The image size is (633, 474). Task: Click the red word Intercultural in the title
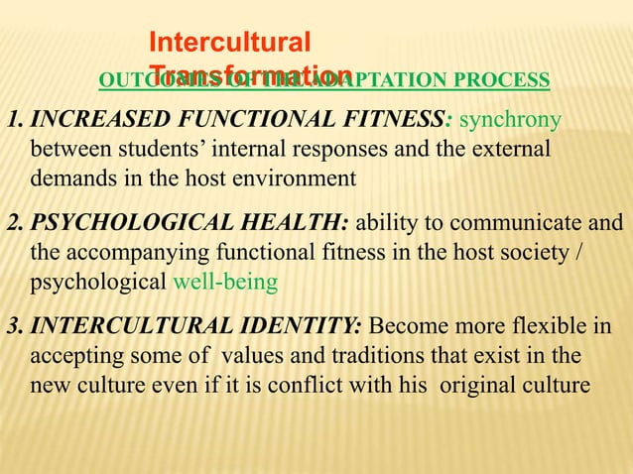[x=229, y=42]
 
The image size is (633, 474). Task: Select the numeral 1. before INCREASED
[x=15, y=122]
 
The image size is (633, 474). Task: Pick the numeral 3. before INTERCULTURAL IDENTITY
[x=15, y=328]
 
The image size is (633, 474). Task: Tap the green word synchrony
[x=513, y=122]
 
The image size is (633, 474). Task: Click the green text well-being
[x=225, y=281]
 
